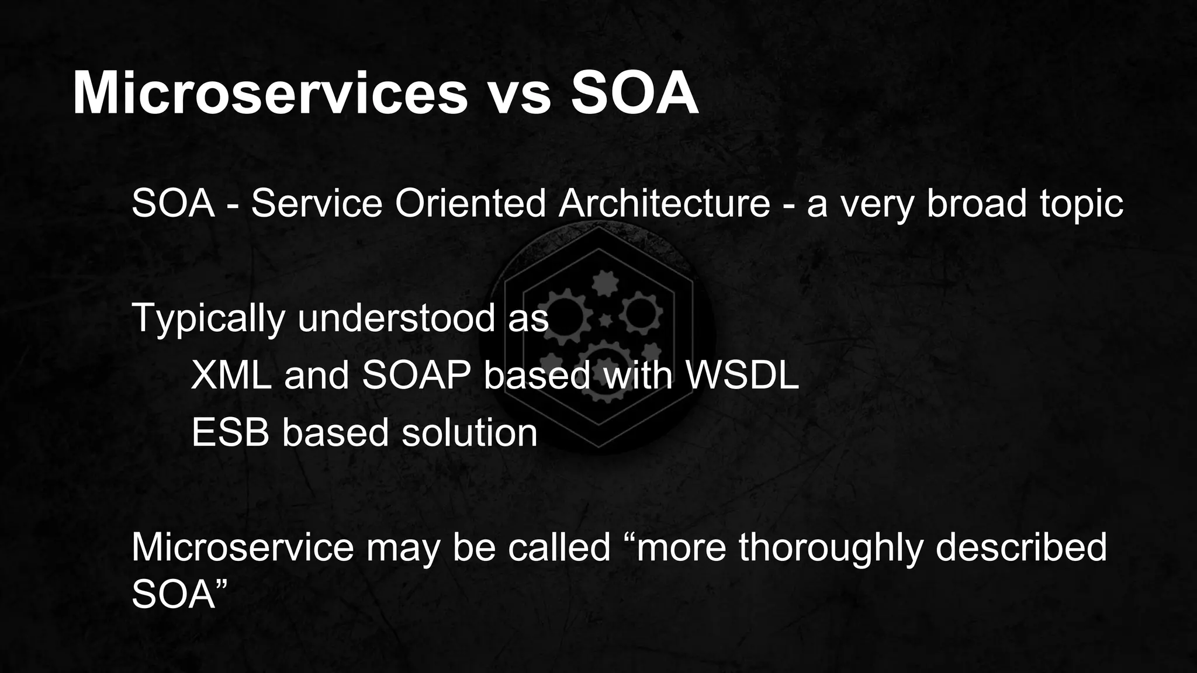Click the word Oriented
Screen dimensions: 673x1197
(471, 203)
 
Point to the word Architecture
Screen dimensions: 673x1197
(664, 203)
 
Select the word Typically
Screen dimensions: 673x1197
(209, 319)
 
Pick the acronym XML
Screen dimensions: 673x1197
(231, 375)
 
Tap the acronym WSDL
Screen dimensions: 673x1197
(741, 375)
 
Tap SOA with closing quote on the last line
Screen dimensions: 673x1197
(179, 594)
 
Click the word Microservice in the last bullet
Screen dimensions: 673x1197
(243, 547)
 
